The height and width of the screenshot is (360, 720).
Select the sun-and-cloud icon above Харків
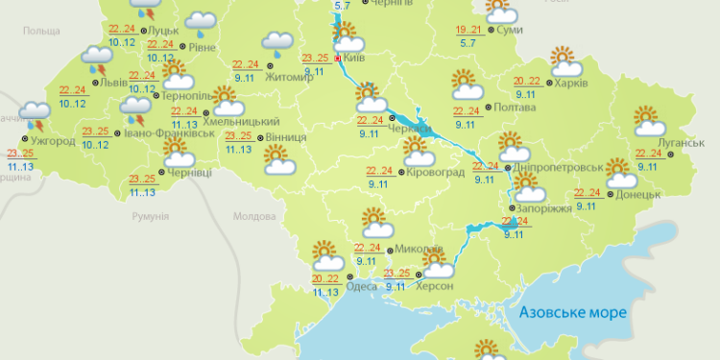[563, 60]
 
